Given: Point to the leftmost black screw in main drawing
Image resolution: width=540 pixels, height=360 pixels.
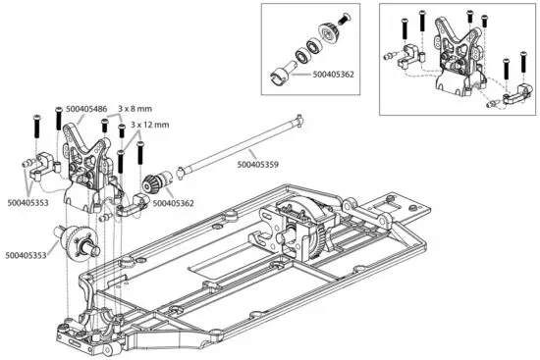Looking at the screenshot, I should coord(34,126).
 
